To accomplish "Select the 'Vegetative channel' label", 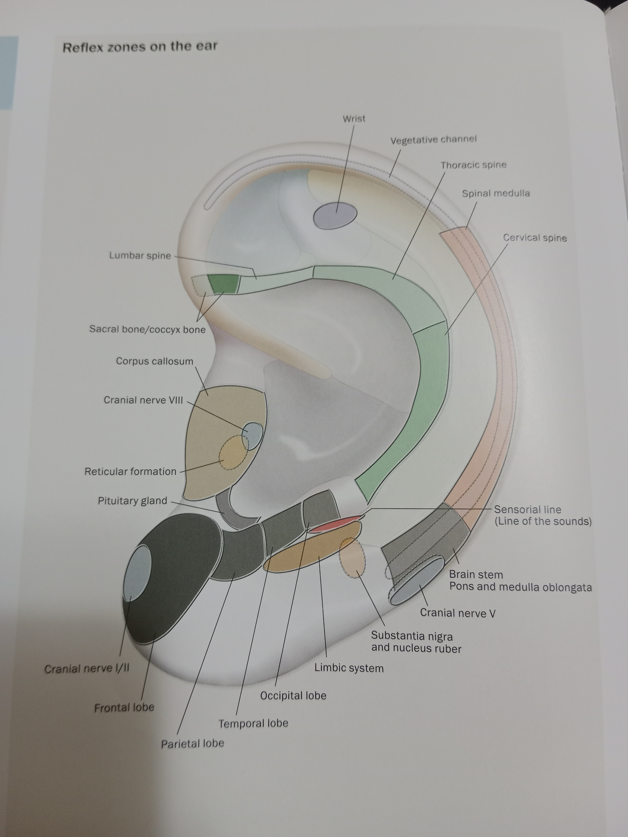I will [433, 140].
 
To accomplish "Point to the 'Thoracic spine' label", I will [473, 165].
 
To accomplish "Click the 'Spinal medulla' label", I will [495, 193].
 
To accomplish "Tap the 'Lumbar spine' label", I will [140, 255].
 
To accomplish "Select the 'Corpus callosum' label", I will [155, 361].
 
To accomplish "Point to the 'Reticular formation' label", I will [130, 471].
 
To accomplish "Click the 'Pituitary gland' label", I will [133, 501].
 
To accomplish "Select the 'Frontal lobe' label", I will [124, 707].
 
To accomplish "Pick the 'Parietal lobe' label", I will [192, 743].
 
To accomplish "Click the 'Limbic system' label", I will [349, 668].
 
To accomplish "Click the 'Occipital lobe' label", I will [293, 695].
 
